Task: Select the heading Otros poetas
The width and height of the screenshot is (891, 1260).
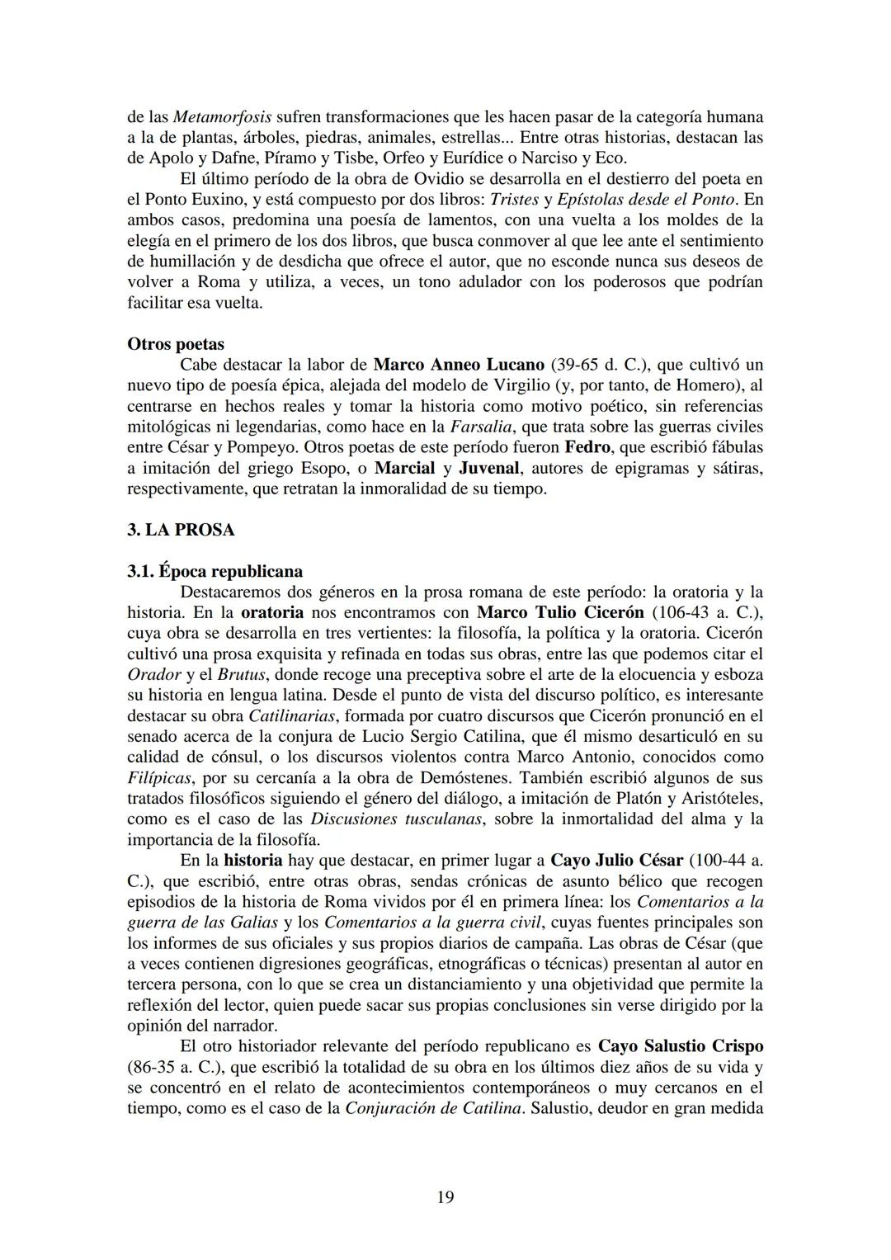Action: point(176,344)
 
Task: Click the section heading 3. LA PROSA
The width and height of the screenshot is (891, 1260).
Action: point(181,530)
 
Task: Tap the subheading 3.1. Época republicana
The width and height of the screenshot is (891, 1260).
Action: point(214,571)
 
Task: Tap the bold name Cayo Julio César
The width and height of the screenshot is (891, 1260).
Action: point(616,861)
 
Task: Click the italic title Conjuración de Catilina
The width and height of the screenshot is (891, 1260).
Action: point(433,1108)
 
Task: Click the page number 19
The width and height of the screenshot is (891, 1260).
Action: point(445,1197)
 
